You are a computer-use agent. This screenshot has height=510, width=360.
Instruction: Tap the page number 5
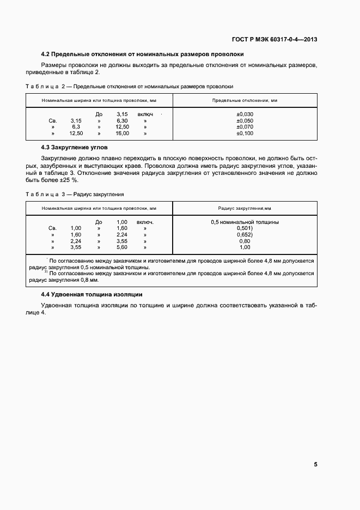315,465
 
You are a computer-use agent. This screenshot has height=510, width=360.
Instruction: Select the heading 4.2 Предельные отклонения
143,54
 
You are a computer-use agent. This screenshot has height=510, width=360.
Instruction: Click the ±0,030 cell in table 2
245,114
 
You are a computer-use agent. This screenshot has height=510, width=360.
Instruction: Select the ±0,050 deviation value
245,120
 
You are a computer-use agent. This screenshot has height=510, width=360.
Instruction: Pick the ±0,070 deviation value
245,127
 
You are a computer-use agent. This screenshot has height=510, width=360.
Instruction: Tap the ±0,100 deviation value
245,133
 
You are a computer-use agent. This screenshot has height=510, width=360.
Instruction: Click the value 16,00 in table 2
122,133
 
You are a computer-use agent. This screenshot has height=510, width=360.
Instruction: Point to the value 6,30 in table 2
122,120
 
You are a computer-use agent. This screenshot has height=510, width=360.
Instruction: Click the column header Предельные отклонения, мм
245,101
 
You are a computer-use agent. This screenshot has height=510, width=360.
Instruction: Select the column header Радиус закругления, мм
245,208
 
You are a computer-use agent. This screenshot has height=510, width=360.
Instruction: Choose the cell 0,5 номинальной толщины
245,222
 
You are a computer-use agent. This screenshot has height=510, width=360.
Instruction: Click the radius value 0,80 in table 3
245,241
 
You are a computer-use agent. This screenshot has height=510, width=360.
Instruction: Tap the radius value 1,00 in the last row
245,247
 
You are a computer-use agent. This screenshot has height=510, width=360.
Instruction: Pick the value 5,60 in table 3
122,247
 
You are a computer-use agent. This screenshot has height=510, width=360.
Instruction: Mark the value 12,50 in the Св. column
76,133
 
